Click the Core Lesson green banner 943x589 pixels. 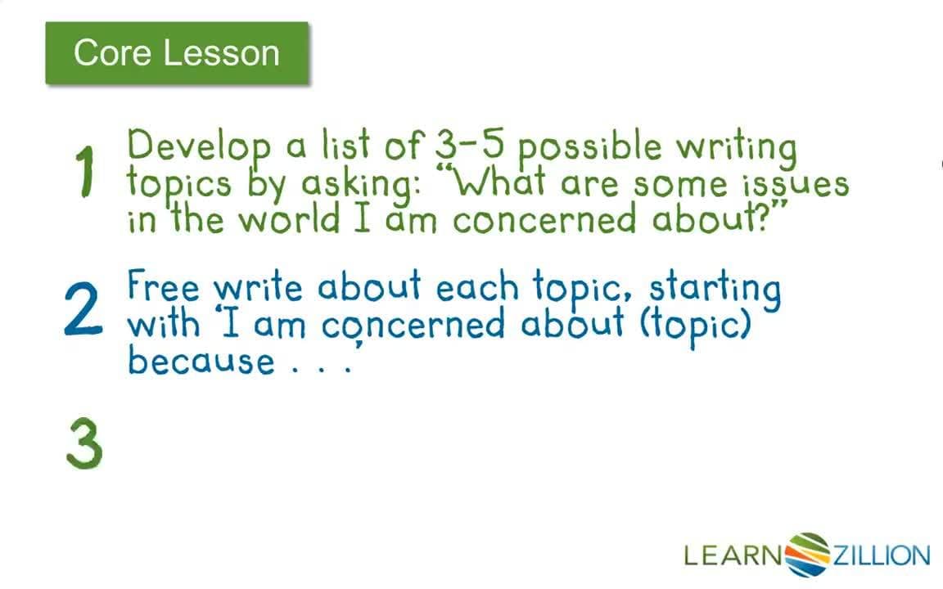tap(177, 53)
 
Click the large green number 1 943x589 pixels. tap(85, 172)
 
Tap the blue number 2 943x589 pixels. tap(83, 309)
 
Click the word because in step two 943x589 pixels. tap(201, 360)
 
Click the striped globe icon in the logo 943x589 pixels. tap(806, 554)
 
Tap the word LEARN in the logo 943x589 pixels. tap(733, 555)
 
